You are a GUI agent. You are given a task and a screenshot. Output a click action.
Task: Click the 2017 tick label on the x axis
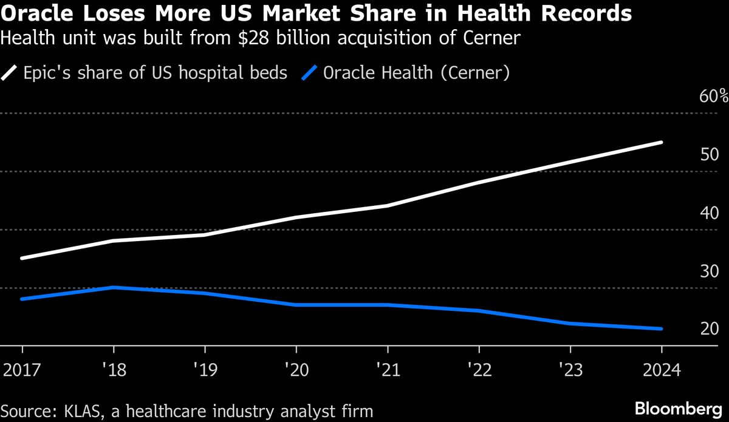[22, 370]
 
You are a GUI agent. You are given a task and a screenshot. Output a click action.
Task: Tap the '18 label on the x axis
[114, 370]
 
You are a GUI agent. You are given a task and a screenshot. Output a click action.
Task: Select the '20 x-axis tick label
[296, 370]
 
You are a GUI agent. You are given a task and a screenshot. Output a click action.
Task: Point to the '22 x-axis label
[479, 370]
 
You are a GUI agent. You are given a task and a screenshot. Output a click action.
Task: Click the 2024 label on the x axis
[661, 370]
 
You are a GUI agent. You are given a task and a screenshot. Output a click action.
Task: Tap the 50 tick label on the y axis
[710, 155]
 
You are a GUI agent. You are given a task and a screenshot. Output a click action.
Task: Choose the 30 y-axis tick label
[710, 271]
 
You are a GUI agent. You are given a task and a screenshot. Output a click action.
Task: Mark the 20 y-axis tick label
[710, 329]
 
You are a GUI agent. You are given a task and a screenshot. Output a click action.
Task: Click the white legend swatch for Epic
[10, 73]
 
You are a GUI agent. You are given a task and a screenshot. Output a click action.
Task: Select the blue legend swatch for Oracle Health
[310, 73]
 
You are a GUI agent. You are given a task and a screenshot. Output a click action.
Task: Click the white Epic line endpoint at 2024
[661, 143]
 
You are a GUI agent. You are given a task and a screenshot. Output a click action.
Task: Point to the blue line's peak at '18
[114, 287]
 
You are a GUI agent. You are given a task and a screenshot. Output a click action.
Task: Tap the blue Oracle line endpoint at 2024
[661, 329]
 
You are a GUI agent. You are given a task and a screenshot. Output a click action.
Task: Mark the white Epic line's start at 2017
[22, 258]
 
